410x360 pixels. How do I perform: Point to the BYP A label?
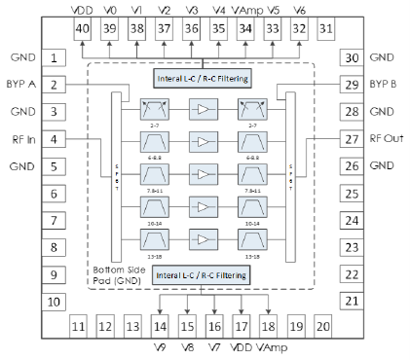pos(19,85)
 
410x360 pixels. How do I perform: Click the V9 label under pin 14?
pos(160,347)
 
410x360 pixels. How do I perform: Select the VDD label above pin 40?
pos(83,9)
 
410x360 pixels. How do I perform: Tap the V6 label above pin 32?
pos(297,9)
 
